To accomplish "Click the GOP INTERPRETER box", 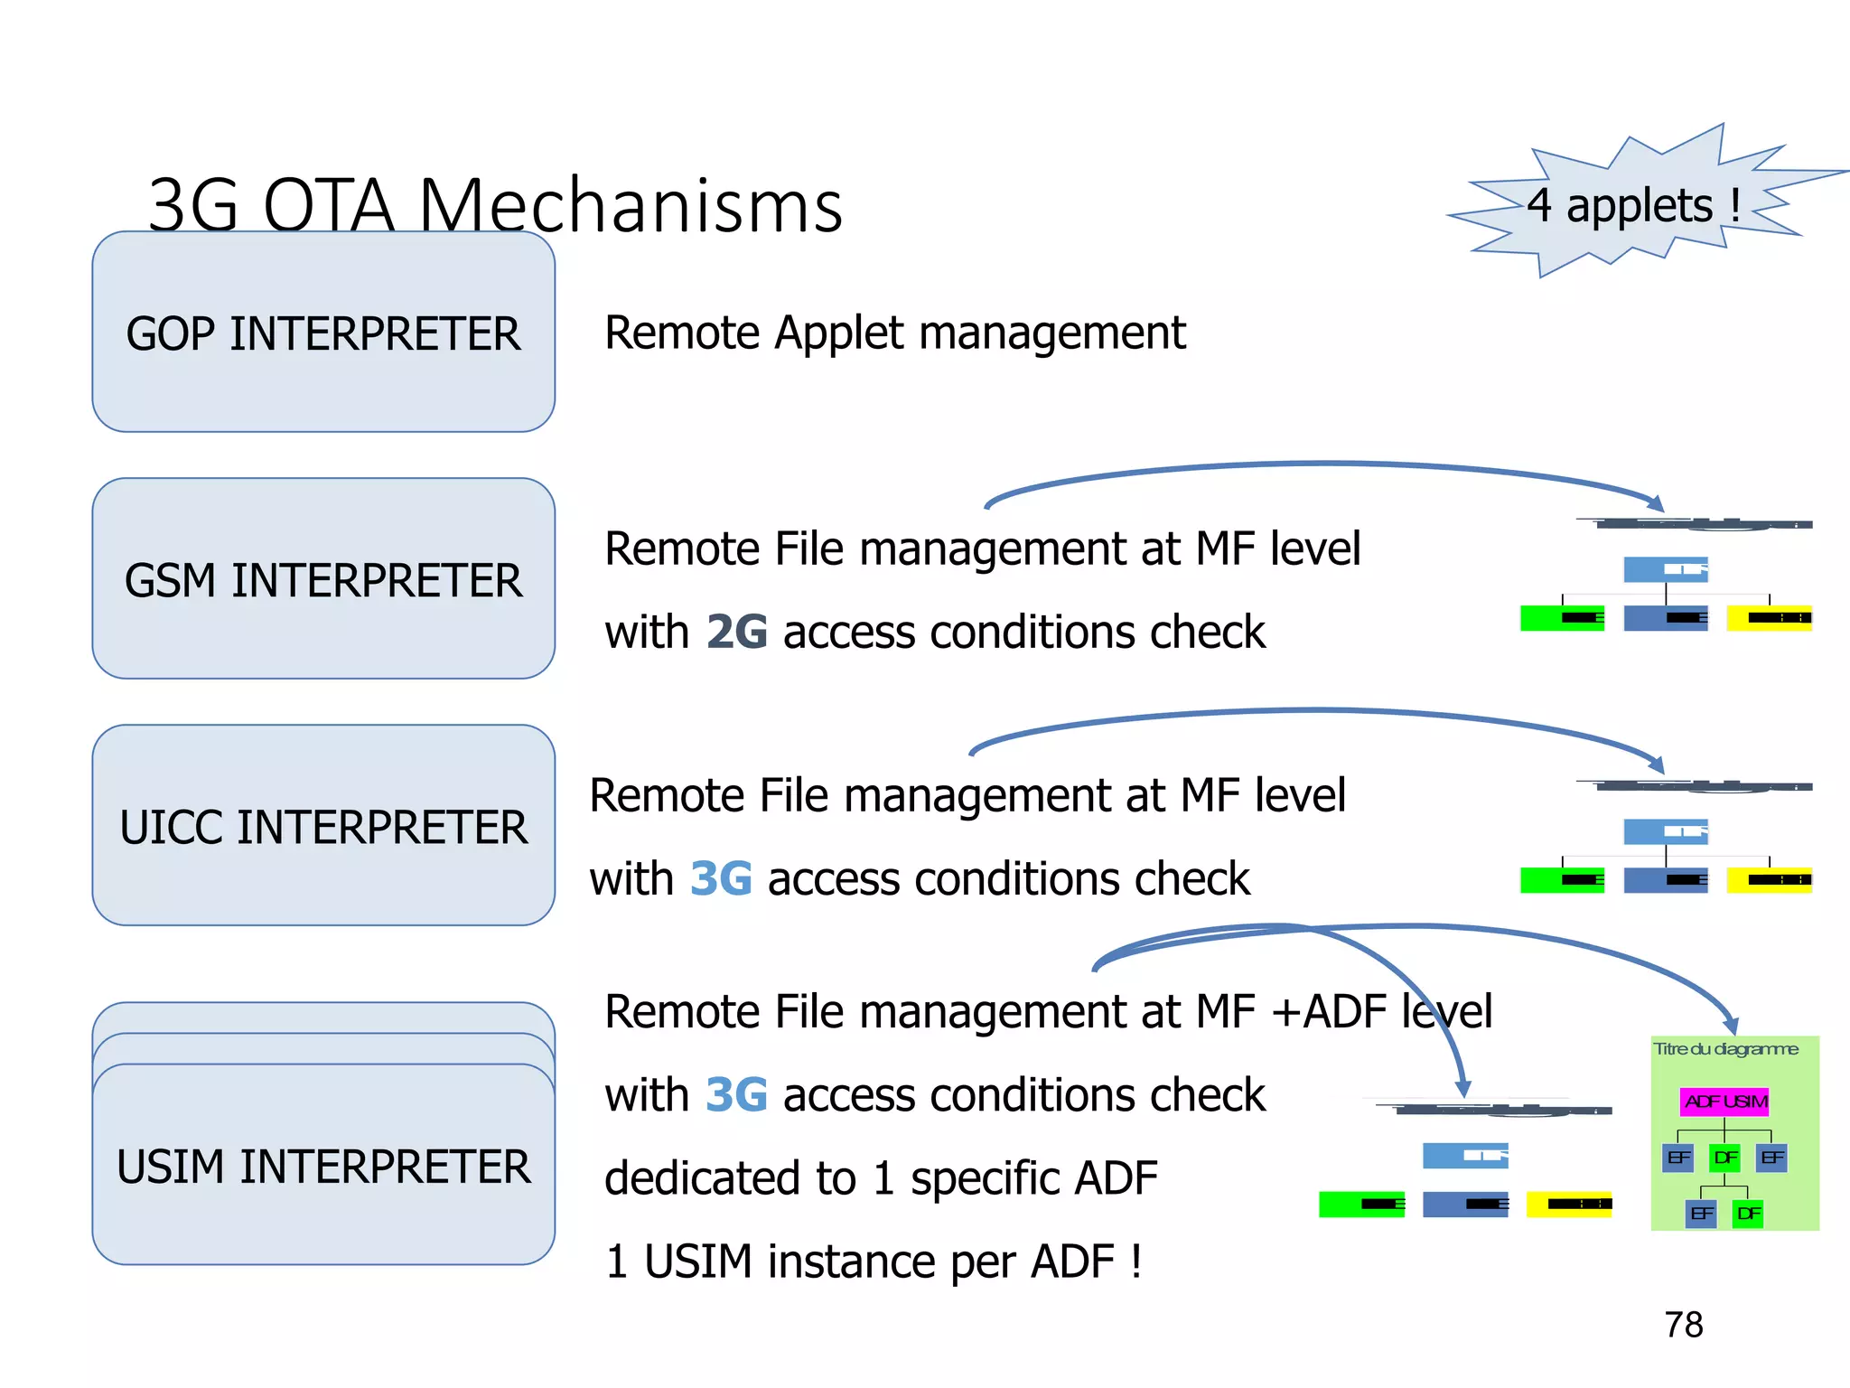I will (323, 332).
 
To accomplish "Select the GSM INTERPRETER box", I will (323, 579).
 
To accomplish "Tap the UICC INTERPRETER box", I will (323, 826).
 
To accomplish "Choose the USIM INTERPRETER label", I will (323, 1166).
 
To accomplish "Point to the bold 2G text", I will (736, 632).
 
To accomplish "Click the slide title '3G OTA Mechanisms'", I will (495, 206).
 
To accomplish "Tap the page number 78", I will (1683, 1325).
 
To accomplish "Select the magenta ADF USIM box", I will (1725, 1102).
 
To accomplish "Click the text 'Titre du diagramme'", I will (1725, 1049).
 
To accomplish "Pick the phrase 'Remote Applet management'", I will (894, 333).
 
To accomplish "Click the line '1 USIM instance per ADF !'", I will (873, 1261).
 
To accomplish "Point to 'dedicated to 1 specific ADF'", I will (881, 1178).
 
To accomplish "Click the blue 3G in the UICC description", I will (721, 878).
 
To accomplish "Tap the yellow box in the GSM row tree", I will (1769, 618).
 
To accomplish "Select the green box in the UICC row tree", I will (1562, 879).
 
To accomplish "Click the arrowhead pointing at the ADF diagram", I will (1730, 1025).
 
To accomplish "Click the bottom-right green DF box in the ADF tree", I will (1748, 1214).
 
